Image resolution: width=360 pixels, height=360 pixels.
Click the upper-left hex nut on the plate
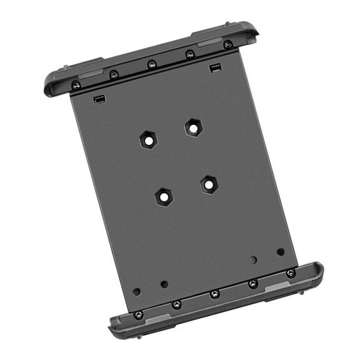click(x=148, y=139)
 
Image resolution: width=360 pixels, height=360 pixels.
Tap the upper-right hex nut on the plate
click(x=193, y=127)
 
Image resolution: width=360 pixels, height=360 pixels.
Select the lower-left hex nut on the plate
click(x=164, y=196)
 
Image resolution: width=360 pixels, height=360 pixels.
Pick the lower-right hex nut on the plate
click(x=209, y=184)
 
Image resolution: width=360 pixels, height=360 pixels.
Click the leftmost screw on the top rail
click(x=76, y=85)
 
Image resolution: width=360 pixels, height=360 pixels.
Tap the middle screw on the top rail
click(x=152, y=64)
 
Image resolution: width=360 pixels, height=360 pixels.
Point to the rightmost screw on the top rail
click(x=227, y=44)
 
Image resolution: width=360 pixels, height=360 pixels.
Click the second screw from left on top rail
click(x=114, y=75)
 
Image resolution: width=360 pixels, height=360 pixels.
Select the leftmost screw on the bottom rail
click(x=139, y=314)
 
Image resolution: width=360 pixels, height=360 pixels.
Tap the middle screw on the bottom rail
click(x=214, y=294)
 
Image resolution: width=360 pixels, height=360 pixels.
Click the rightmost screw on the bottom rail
click(x=291, y=273)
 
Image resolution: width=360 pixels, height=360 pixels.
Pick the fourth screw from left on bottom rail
click(x=252, y=284)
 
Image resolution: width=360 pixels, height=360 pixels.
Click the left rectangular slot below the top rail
click(x=97, y=99)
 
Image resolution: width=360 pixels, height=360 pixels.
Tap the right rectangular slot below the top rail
click(x=214, y=67)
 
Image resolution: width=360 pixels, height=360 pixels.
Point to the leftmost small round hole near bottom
click(x=136, y=291)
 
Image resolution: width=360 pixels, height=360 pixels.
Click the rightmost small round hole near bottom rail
click(x=281, y=252)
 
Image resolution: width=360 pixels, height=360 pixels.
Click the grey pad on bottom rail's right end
click(x=279, y=286)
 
